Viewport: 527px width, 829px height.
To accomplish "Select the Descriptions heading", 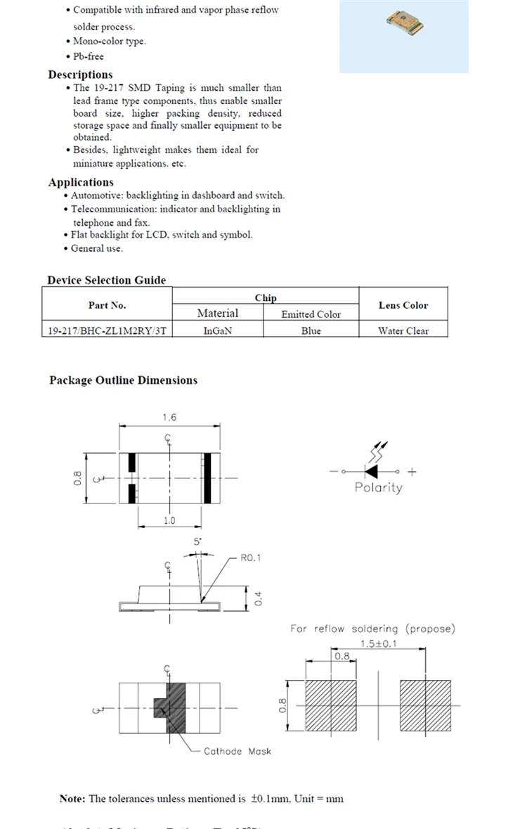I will click(80, 75).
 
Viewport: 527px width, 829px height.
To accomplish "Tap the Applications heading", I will click(81, 182).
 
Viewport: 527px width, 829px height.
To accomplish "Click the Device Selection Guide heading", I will click(107, 280).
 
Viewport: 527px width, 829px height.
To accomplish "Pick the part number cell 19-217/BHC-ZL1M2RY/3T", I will click(107, 330).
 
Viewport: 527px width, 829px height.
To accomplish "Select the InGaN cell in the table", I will click(218, 330).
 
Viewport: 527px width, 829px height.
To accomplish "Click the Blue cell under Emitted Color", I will click(311, 330).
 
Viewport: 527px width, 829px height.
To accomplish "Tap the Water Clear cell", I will click(403, 330).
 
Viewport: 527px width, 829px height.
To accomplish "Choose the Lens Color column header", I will click(403, 305).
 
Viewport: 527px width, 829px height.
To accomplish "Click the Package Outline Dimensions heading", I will click(124, 380).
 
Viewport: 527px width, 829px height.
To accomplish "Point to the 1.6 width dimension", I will click(169, 417).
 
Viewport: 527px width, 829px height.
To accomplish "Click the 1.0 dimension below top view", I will click(169, 521).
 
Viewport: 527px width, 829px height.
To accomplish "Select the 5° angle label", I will click(198, 542).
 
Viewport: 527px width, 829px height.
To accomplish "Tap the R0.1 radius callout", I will click(251, 558).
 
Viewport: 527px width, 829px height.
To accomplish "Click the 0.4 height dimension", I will click(258, 598).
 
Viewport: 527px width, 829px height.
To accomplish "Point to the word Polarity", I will click(379, 487).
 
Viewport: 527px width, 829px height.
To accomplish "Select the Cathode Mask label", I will click(237, 751).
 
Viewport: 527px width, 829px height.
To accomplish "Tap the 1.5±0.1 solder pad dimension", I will click(377, 643).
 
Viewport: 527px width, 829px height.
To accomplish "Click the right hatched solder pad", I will click(425, 705).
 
